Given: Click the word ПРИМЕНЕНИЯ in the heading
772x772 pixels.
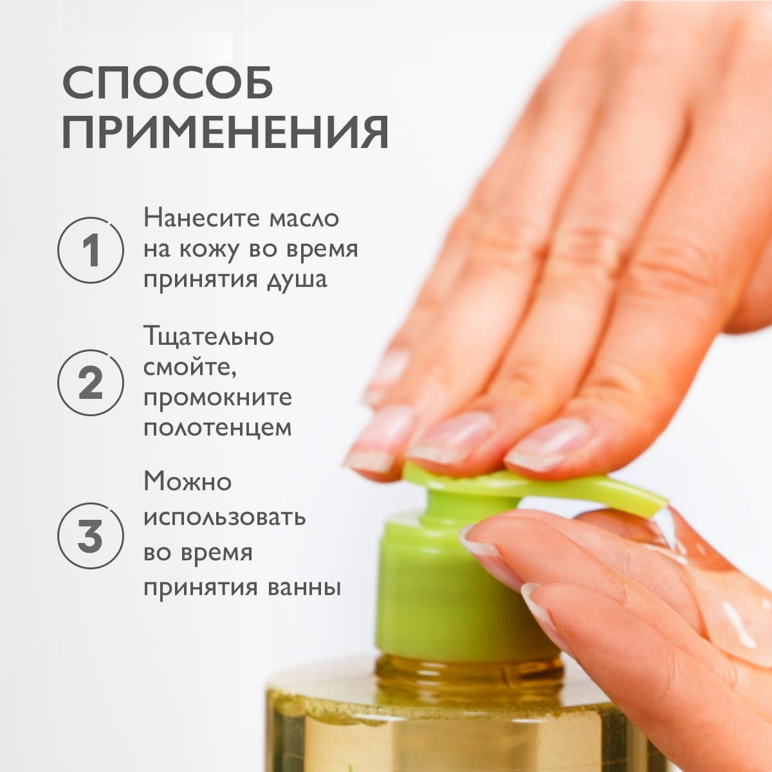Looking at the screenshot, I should pos(225,133).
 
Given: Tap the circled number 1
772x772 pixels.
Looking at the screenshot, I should pos(91,250).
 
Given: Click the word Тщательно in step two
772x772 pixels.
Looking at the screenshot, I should pos(208,336).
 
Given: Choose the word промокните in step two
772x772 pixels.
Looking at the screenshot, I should pos(217,398).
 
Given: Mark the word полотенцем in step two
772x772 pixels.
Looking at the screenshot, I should pos(217,428).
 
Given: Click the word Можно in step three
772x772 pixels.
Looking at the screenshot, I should pos(187,481).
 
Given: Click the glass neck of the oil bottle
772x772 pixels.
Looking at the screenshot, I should pos(470,672).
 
